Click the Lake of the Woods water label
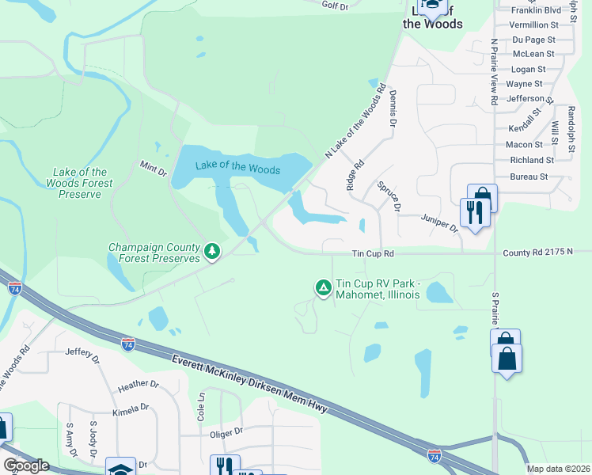pos(237,168)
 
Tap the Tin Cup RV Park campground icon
pos(323,287)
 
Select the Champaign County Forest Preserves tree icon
pos(211,252)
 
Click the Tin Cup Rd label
pos(373,254)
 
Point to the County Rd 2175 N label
pos(547,253)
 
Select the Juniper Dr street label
pos(440,222)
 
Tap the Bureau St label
pos(529,177)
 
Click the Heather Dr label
pos(139,385)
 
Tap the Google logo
pos(25,465)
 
